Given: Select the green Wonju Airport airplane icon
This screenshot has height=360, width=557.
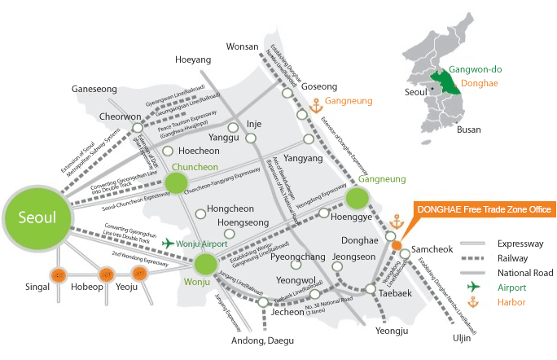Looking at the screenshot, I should [x=169, y=243].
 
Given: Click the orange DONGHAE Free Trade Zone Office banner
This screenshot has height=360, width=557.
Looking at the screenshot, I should [x=483, y=209].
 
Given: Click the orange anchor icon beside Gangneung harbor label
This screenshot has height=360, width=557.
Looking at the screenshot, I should [x=316, y=104].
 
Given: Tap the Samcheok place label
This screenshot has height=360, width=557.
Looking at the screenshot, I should [x=433, y=245].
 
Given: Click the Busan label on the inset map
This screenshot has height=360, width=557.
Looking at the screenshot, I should [x=469, y=130].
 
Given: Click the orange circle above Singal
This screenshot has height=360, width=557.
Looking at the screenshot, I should [x=59, y=275].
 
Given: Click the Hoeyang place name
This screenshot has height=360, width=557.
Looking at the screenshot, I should [x=192, y=59].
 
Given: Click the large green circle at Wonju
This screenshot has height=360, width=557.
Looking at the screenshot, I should [x=204, y=264].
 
